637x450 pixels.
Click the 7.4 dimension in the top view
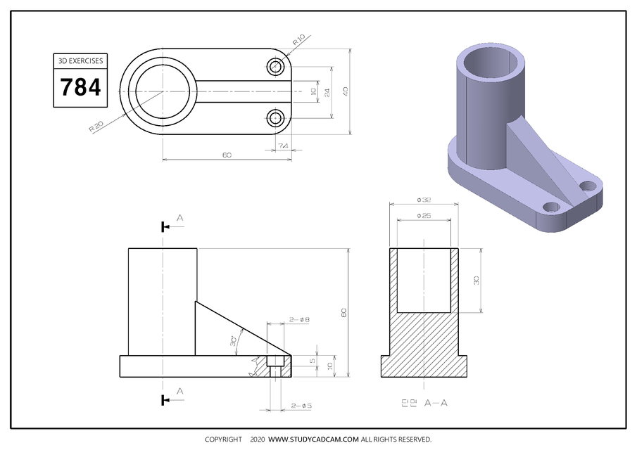pyautogui.click(x=283, y=146)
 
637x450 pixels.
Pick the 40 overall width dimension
pyautogui.click(x=346, y=91)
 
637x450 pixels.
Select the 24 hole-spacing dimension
pyautogui.click(x=327, y=91)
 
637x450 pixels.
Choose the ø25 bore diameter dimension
pyautogui.click(x=424, y=215)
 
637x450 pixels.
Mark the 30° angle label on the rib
pyautogui.click(x=233, y=342)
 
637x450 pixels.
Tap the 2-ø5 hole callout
pyautogui.click(x=301, y=406)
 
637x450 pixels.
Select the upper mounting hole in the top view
pyautogui.click(x=275, y=67)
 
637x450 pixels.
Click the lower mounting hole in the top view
pyautogui.click(x=275, y=117)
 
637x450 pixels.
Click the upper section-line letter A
pyautogui.click(x=179, y=219)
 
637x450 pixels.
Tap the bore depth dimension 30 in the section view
pyautogui.click(x=477, y=280)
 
